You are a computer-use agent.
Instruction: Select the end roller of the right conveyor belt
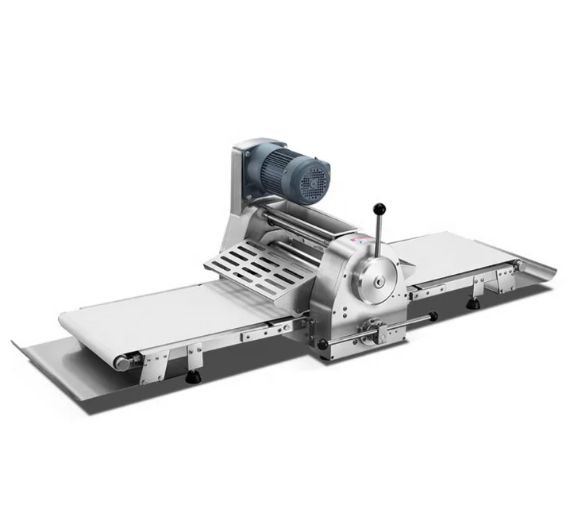tap(518, 264)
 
